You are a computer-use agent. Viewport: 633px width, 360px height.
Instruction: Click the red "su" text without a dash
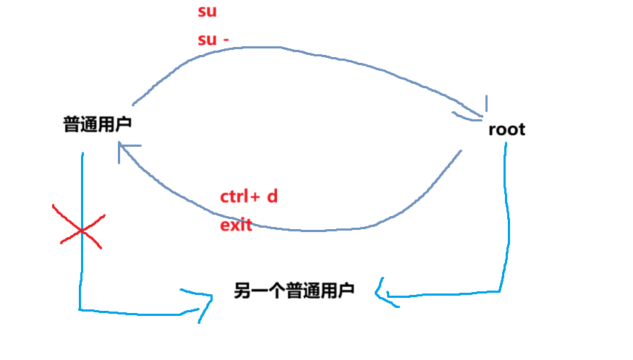point(207,12)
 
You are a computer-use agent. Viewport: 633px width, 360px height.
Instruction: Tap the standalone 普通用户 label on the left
point(97,125)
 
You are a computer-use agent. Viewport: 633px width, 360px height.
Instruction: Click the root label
point(507,130)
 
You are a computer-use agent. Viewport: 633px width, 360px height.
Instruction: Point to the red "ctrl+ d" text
point(248,197)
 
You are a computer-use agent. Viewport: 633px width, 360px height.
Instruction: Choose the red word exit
point(235,225)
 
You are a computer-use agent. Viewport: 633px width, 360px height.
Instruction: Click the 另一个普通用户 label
point(294,291)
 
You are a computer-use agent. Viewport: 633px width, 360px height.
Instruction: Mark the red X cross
point(80,228)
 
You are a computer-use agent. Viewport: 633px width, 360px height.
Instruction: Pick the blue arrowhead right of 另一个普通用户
point(382,293)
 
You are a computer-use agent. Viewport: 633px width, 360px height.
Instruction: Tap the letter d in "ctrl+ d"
point(272,197)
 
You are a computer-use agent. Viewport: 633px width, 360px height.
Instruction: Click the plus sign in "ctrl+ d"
point(256,197)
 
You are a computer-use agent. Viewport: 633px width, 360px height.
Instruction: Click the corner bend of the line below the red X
point(80,310)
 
